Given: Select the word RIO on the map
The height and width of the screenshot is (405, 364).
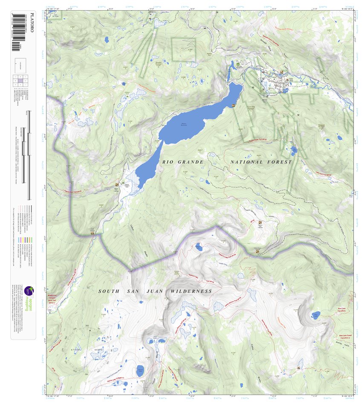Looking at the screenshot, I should (168, 162).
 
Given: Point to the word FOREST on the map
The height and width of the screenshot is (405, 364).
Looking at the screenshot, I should (280, 162).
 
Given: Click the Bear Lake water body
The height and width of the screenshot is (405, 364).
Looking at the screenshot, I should (316, 316).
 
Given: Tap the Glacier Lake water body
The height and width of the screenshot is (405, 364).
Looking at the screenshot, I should (140, 371).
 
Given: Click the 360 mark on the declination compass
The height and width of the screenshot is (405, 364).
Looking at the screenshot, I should (87, 326).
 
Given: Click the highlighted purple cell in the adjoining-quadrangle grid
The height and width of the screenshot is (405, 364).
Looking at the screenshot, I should (20, 80).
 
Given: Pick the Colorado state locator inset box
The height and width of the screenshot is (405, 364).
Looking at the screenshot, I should (20, 63).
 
